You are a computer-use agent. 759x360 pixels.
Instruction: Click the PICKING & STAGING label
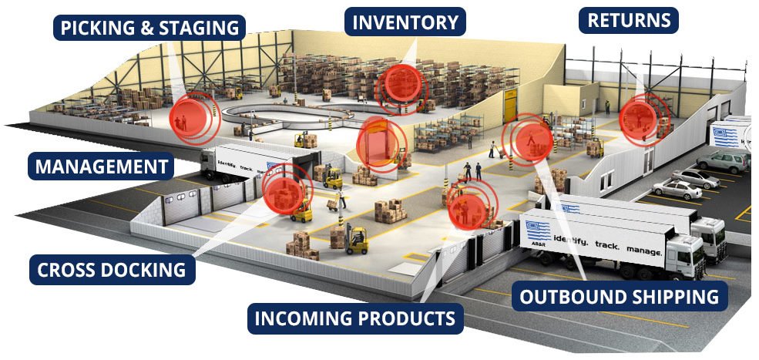point(149,28)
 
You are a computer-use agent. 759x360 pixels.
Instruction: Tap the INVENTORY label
point(405,22)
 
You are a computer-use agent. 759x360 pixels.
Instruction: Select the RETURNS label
point(628,20)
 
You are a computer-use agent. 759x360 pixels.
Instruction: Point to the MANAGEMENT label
point(101,167)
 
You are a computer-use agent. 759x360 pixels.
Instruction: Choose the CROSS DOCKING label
point(112,269)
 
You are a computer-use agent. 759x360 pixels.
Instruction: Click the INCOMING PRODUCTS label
point(355,318)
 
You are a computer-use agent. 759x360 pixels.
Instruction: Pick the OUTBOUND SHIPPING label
point(620,296)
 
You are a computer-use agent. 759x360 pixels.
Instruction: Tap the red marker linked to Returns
point(640,119)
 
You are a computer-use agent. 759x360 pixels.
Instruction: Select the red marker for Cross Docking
point(286,189)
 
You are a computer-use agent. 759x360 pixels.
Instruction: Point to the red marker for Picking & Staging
point(194,116)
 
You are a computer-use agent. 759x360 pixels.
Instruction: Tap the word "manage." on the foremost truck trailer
point(643,251)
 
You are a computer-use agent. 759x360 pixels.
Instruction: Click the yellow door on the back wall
point(510,105)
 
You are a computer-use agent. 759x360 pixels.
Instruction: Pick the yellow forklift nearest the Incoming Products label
point(357,240)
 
